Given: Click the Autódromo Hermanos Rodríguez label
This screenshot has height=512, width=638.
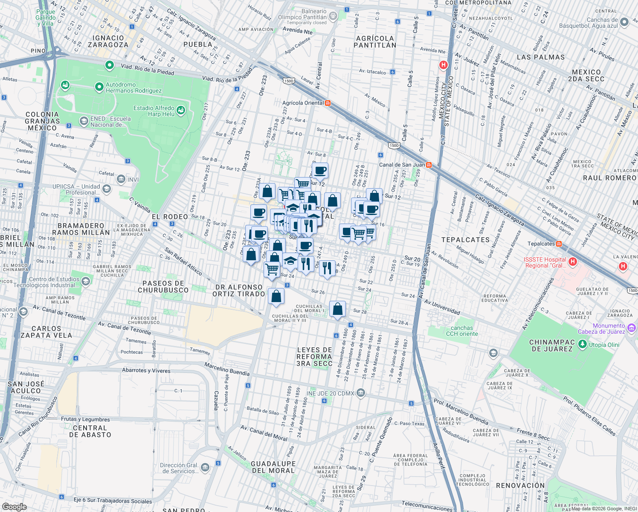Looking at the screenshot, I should [133, 88].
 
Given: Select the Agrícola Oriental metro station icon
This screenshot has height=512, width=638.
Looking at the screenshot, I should [328, 103].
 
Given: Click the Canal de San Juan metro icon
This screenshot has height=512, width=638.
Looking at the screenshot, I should [429, 165].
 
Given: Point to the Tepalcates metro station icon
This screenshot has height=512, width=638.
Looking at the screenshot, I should [559, 244].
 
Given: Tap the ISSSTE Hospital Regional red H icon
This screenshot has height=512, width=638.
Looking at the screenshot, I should [573, 261].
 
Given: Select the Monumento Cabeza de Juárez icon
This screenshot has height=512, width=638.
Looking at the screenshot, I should [632, 328].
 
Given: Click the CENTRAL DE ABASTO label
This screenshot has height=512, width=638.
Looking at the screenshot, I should [90, 431].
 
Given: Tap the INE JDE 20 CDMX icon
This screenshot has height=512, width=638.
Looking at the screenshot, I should [360, 393].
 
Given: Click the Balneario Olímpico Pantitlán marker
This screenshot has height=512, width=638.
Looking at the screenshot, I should [333, 17].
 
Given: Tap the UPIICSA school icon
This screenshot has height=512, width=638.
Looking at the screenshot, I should [106, 189].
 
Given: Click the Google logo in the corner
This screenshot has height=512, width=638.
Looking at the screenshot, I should [14, 506].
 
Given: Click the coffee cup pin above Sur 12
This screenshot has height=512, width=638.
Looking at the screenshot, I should [320, 171].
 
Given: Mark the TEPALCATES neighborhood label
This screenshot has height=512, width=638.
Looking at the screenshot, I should [465, 240].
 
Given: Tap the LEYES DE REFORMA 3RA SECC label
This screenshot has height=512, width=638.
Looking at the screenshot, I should [314, 357].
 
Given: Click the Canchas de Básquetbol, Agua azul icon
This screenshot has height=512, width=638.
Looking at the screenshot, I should [624, 22].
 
